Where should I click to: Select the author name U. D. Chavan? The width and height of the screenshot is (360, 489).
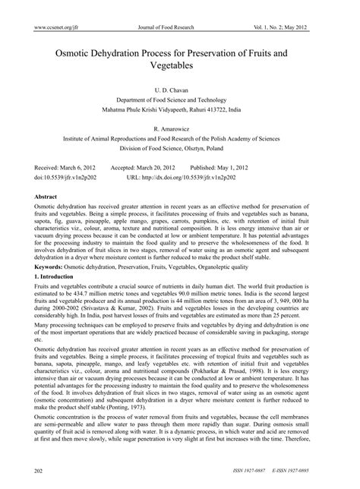(x=179, y=89)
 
